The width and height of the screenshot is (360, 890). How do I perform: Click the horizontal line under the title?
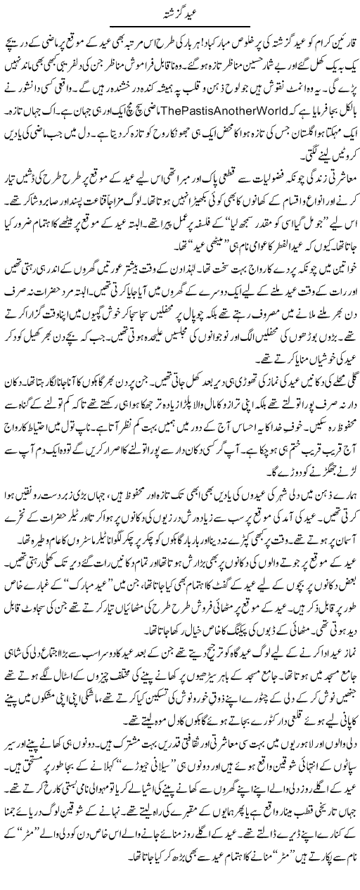pyautogui.click(x=180, y=25)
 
